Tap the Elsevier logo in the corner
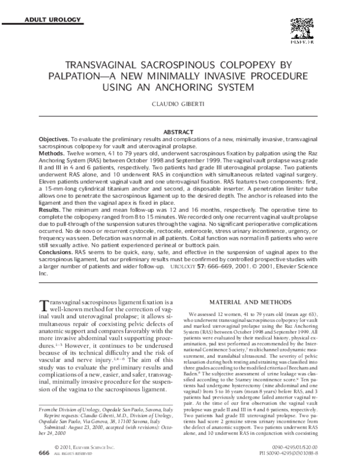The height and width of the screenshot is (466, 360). (x=305, y=29)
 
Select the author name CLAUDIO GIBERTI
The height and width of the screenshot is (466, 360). (x=181, y=104)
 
